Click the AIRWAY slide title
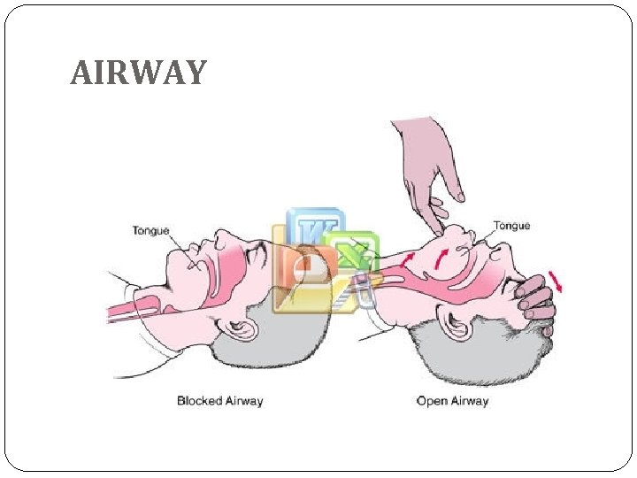138,73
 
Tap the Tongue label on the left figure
151,231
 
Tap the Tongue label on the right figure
511,226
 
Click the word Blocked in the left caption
197,401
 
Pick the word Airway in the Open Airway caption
471,401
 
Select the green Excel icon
351,257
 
